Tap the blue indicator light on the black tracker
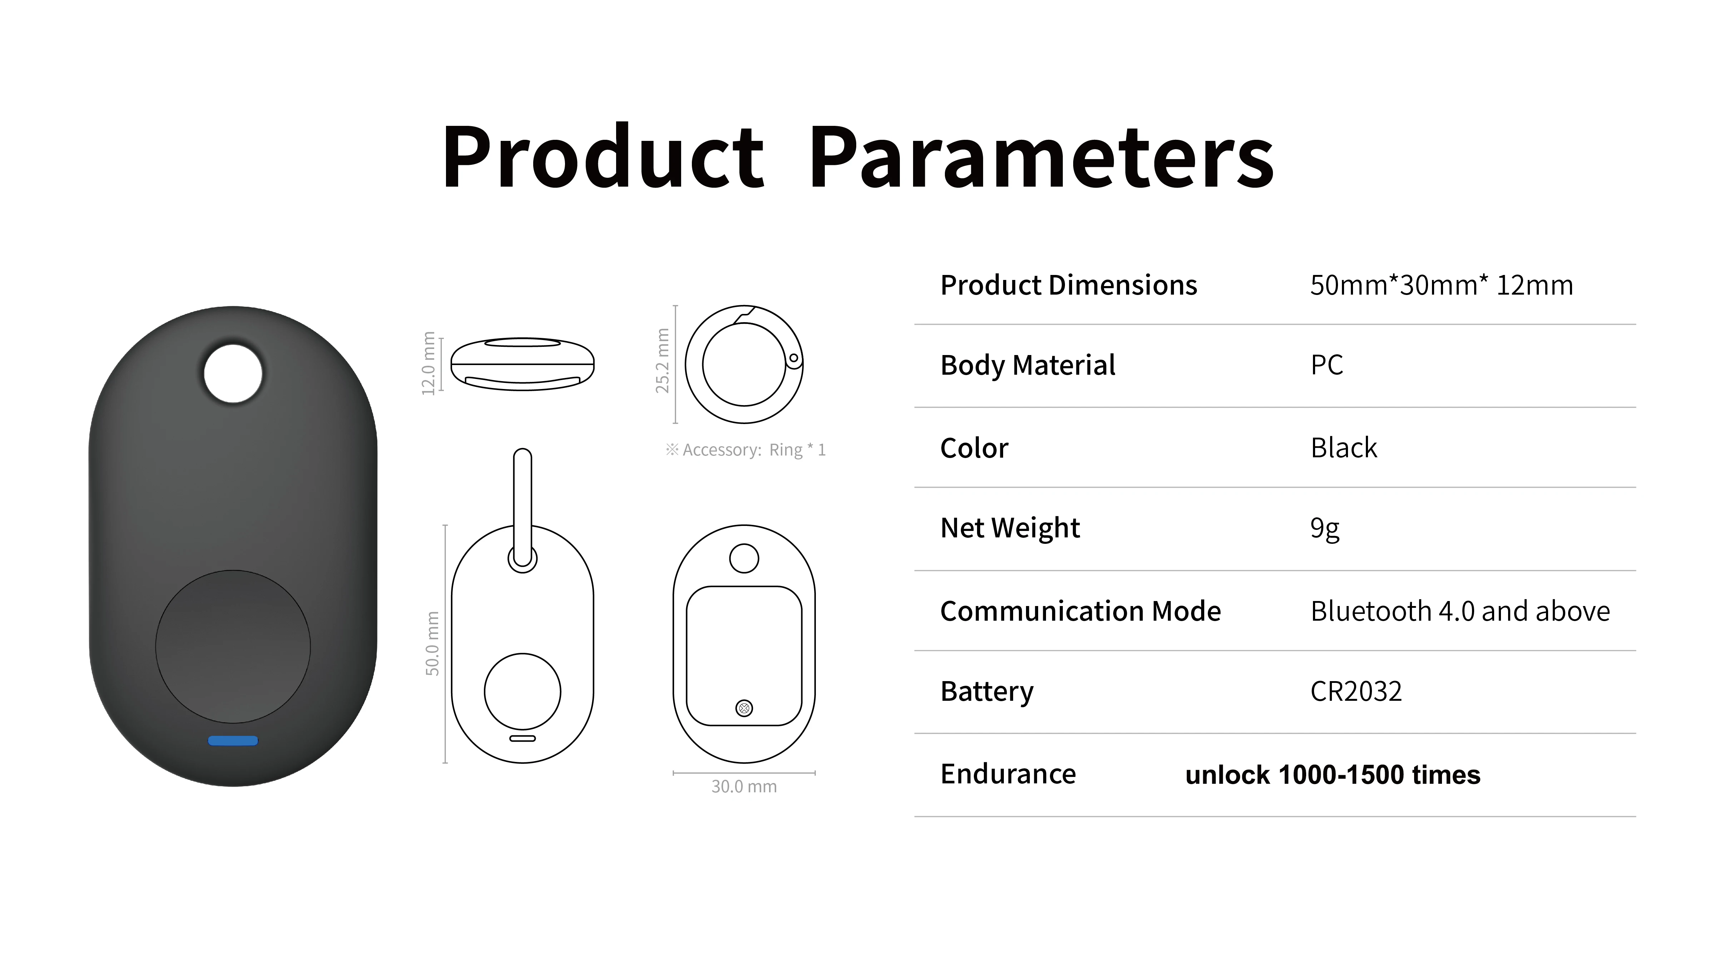(233, 740)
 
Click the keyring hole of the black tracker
(233, 374)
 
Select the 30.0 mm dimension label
(744, 787)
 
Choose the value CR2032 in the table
(1356, 691)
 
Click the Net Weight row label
(1010, 528)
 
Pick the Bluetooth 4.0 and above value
(1460, 611)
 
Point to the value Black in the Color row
(1343, 448)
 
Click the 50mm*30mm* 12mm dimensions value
(1441, 285)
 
